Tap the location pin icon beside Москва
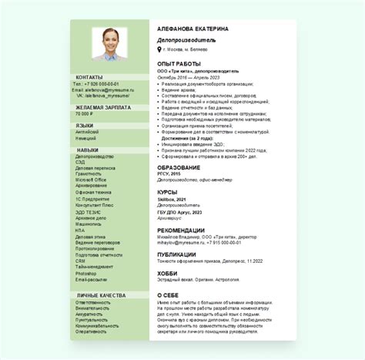coord(159,49)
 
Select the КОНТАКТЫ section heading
coord(89,77)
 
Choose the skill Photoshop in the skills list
coord(85,274)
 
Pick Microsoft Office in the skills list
coord(91,180)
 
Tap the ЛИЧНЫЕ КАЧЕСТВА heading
coord(101,295)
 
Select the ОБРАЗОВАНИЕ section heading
coord(179,167)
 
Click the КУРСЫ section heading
coord(168,191)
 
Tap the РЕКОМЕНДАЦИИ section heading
coord(181,230)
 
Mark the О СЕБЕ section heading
coord(169,294)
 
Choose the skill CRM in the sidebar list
coord(80,261)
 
